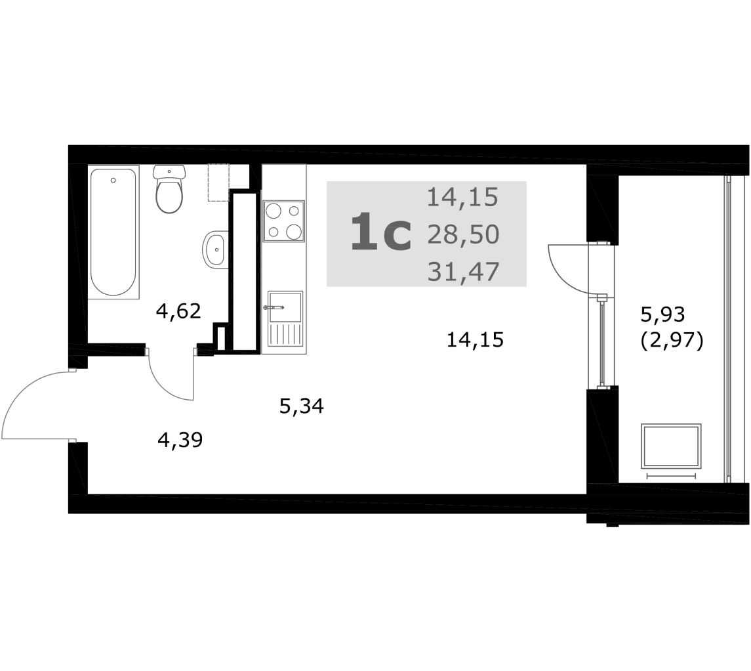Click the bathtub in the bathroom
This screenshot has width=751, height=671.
click(x=113, y=232)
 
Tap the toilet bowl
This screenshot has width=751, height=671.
click(x=169, y=189)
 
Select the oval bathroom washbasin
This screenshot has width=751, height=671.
click(x=216, y=249)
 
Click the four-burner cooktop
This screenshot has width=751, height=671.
click(x=284, y=221)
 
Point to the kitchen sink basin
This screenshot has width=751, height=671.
click(x=285, y=307)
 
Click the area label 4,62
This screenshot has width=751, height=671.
click(x=178, y=311)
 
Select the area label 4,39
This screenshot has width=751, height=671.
click(x=180, y=440)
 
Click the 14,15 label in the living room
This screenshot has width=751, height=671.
click(x=475, y=340)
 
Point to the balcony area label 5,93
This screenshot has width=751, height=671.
click(x=663, y=315)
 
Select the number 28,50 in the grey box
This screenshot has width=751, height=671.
click(x=463, y=235)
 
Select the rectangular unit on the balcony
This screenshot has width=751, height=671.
click(x=671, y=446)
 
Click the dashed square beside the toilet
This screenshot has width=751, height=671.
click(x=218, y=183)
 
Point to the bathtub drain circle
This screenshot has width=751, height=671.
click(x=113, y=180)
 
